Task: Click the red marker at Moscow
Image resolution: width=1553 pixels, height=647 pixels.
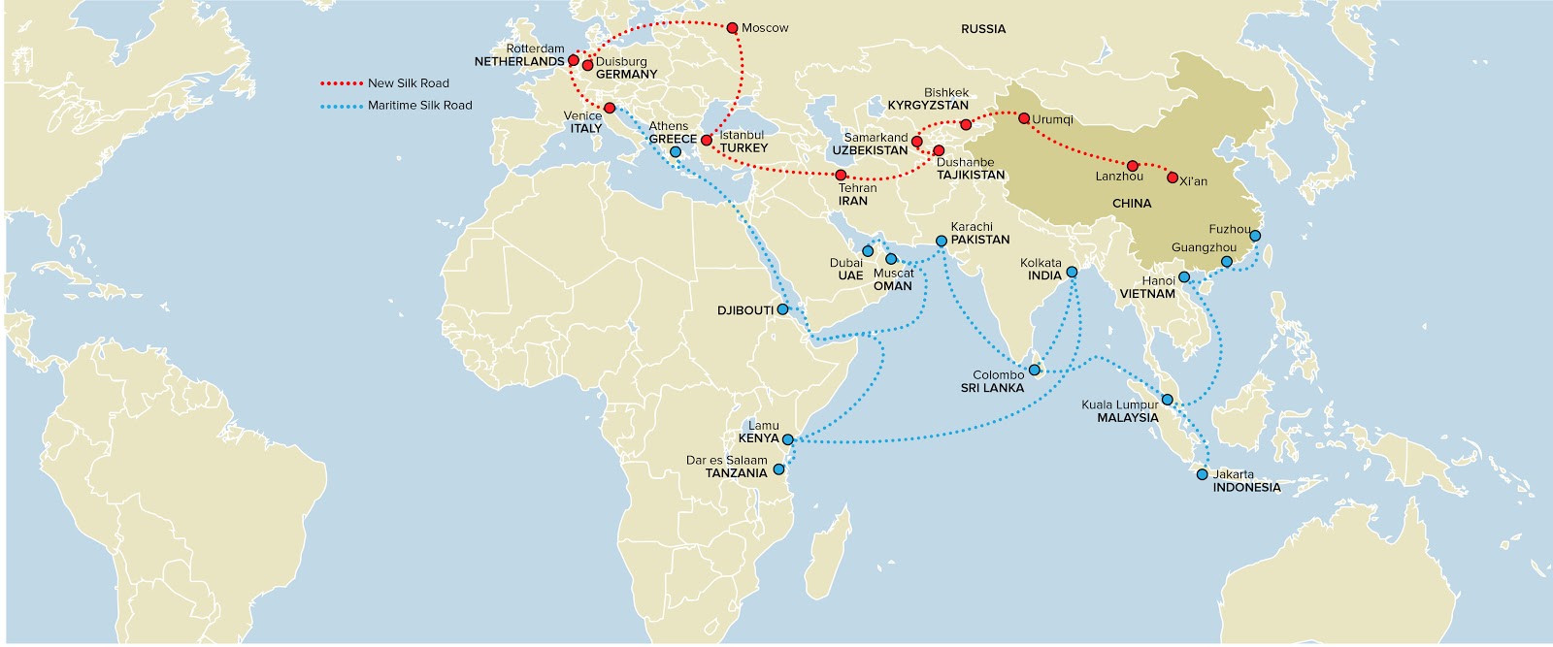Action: [x=732, y=28]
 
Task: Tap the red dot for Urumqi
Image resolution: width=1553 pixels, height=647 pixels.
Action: [x=1024, y=118]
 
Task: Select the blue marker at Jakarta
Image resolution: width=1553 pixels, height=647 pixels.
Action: [x=1203, y=475]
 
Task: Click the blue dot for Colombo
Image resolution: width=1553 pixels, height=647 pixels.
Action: [x=1035, y=370]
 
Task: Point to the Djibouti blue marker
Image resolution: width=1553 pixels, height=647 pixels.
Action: [x=782, y=309]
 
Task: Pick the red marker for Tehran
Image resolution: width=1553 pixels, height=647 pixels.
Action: [x=841, y=176]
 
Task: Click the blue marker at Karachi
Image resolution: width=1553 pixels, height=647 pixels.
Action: [x=941, y=241]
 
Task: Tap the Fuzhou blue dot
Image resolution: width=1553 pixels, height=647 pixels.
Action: [x=1255, y=236]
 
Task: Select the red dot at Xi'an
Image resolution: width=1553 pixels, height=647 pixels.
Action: [x=1173, y=178]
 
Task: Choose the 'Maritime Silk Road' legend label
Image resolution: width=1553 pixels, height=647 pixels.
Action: [x=419, y=105]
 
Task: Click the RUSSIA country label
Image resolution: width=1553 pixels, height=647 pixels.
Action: [x=983, y=29]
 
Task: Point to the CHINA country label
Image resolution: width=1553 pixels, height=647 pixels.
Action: [x=1132, y=204]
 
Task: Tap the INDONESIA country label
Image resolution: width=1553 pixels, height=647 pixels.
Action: [x=1246, y=488]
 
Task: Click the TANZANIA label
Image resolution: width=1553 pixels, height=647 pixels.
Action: [x=737, y=473]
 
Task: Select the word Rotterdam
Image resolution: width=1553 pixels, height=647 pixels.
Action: [x=535, y=49]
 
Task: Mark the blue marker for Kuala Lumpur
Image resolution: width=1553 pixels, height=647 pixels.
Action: [x=1169, y=400]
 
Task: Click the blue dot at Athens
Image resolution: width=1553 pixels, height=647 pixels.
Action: [x=676, y=152]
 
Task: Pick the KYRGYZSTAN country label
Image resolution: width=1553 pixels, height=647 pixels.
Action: [x=928, y=105]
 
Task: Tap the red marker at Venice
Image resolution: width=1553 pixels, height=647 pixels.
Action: [x=610, y=108]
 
